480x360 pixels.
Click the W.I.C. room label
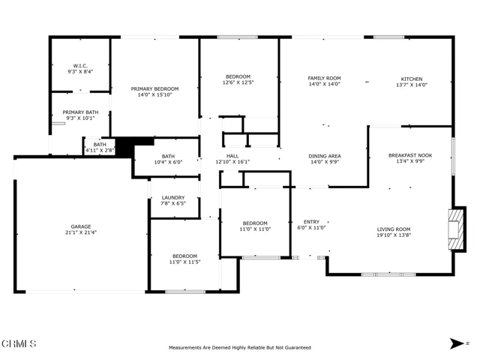tap(80, 66)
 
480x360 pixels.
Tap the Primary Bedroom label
tap(154, 88)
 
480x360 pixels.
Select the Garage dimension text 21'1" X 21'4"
tap(81, 232)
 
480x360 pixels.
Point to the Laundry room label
tap(173, 197)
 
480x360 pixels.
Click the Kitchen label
tap(412, 79)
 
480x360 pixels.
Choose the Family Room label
tap(324, 78)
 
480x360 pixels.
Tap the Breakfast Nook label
tap(410, 155)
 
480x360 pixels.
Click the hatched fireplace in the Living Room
tap(456, 229)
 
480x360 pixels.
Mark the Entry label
tap(311, 222)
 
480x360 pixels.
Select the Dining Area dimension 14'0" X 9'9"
tap(325, 162)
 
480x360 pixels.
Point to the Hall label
tap(232, 156)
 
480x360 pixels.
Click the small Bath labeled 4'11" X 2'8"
tap(100, 147)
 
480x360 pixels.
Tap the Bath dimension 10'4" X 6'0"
tap(168, 162)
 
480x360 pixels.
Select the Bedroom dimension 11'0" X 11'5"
tap(185, 262)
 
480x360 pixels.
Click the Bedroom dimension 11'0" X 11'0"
tap(255, 229)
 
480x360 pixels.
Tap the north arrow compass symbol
tap(457, 343)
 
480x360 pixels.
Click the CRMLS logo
tap(19, 343)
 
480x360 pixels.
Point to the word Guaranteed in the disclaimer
tap(298, 347)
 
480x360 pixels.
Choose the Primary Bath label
tap(80, 112)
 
